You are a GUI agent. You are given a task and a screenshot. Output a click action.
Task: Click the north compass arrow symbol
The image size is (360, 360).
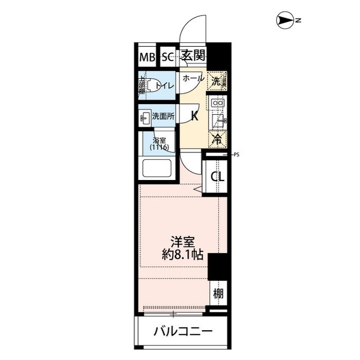click(286, 21)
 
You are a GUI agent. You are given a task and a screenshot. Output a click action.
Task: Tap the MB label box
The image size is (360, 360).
click(146, 57)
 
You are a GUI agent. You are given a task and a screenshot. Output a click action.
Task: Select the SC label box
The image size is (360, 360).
click(168, 57)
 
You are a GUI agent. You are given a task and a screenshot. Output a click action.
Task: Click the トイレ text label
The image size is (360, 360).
click(167, 85)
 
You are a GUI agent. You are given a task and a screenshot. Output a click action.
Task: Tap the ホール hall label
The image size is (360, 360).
click(193, 79)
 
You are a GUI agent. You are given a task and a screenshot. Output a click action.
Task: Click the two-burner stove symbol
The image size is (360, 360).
click(218, 103)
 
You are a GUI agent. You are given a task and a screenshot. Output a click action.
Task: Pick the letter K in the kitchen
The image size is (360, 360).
click(195, 116)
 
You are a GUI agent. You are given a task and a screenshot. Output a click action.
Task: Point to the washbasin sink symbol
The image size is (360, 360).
click(145, 116)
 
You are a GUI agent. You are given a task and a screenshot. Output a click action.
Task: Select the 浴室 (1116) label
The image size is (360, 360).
click(159, 143)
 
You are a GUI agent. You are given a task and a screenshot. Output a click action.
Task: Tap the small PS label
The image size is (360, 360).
click(236, 154)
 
